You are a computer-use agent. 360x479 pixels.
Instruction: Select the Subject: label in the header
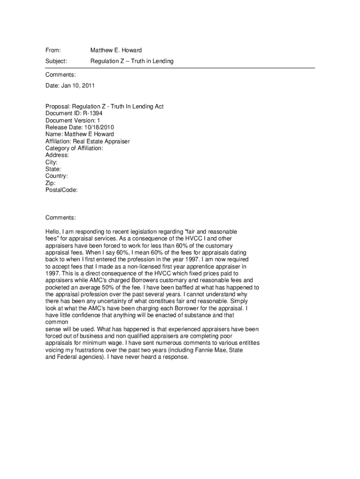(56, 61)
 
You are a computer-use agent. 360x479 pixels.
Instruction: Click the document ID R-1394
(93, 113)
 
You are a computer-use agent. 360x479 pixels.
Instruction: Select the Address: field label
(57, 155)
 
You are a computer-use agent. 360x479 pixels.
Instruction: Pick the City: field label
(51, 162)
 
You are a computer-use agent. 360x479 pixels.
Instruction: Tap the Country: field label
(57, 176)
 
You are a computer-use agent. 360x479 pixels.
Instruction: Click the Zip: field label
(50, 183)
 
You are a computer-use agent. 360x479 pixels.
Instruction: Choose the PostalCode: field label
(61, 190)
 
